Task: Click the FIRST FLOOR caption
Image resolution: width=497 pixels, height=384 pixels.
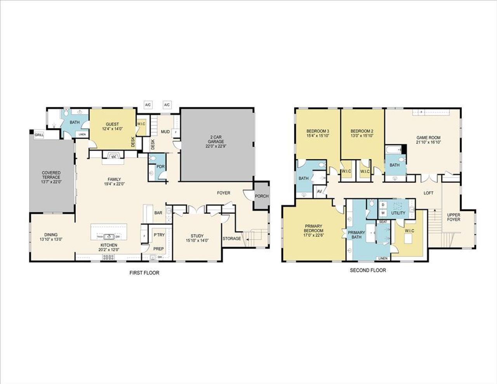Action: [144, 273]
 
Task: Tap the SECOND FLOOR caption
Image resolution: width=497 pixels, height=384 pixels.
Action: [368, 270]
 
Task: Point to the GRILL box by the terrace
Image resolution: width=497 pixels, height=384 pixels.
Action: [39, 135]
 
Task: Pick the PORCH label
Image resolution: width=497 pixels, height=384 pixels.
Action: [261, 196]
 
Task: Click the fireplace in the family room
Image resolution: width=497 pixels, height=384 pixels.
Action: [114, 156]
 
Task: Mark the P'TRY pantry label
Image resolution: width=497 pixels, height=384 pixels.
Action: [159, 235]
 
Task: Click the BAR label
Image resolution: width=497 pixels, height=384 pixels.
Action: [158, 213]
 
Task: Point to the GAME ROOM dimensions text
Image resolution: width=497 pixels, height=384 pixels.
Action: [428, 142]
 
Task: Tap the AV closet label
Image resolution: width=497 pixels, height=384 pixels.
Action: [320, 192]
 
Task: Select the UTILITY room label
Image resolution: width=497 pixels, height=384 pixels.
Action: [398, 213]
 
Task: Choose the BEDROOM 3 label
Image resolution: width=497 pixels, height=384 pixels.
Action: [318, 131]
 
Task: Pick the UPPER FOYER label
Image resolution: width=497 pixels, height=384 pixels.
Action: [454, 217]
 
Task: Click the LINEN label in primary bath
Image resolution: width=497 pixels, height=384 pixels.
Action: [383, 259]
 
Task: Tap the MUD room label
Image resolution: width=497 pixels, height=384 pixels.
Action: [165, 132]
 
